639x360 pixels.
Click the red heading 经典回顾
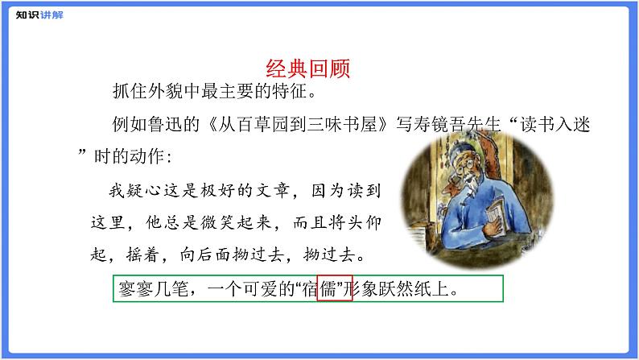pyautogui.click(x=307, y=68)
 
